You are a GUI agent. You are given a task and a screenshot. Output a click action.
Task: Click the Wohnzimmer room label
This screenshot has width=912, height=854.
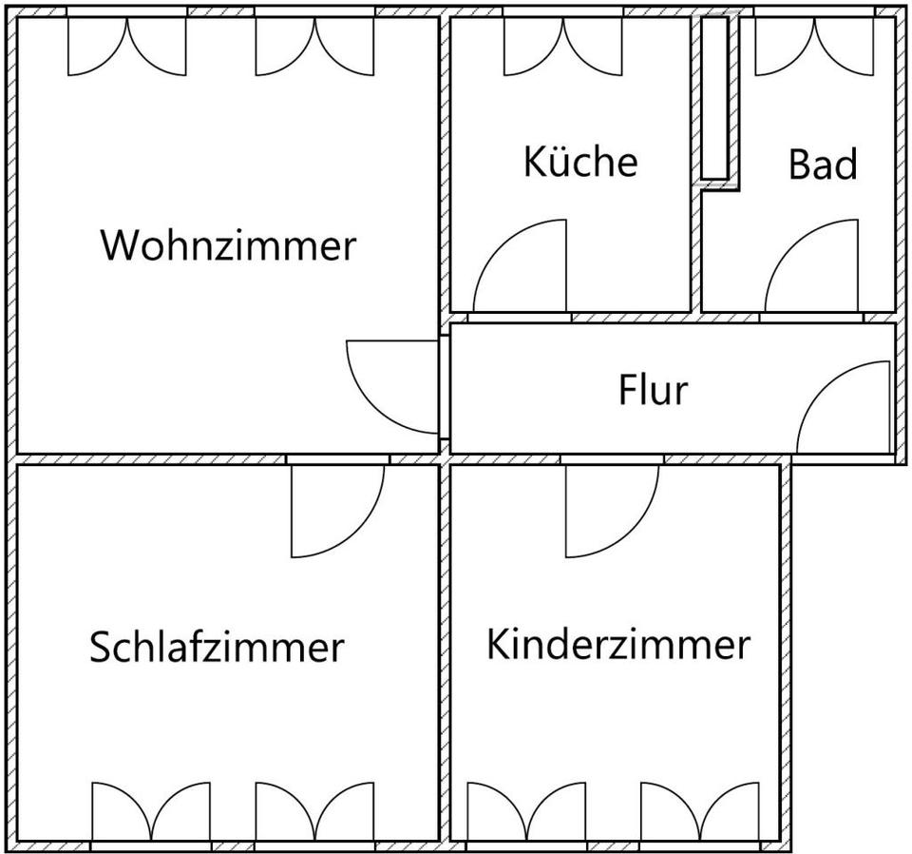coord(229,245)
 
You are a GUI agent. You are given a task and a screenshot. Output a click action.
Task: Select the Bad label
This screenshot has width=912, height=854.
coord(823,164)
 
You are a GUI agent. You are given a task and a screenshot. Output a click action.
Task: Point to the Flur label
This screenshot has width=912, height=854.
coord(654,389)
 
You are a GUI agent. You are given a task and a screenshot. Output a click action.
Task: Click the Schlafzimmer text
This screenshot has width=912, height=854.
coord(217,646)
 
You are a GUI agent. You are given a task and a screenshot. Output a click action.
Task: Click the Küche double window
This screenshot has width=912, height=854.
coord(563,47)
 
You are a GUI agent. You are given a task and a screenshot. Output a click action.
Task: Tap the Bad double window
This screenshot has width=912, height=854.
coord(814,47)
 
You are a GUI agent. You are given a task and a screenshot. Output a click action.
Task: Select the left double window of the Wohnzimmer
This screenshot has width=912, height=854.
coord(127,47)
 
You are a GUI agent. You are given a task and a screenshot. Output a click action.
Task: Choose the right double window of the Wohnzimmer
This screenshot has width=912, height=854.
coord(314,47)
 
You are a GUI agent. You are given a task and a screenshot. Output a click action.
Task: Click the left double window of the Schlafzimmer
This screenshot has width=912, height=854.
coord(151,811)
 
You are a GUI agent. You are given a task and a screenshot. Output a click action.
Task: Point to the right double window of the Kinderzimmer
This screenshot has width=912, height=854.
coord(700,811)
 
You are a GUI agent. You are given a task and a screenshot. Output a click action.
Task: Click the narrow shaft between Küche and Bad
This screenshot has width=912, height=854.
coord(714,98)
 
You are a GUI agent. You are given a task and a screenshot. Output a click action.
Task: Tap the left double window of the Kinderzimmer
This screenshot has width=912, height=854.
coord(526,811)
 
